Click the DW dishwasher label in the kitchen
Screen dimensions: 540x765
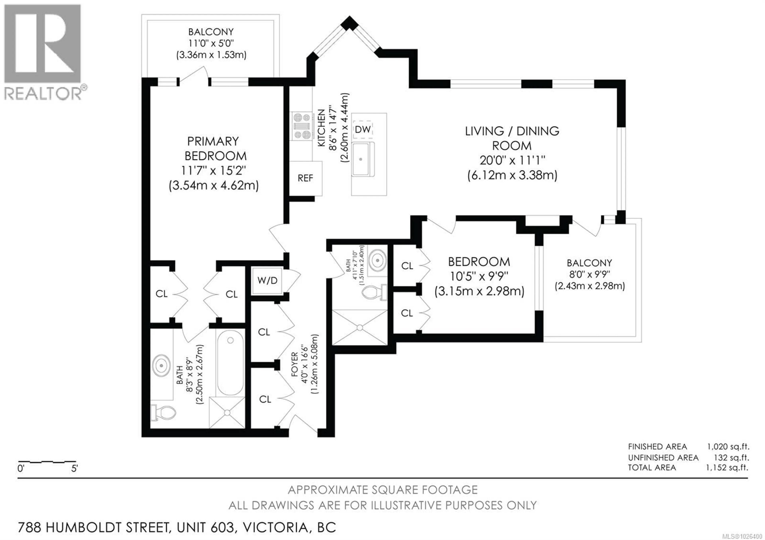click(x=363, y=129)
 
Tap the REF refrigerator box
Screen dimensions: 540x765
click(x=305, y=178)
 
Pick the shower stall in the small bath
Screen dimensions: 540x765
click(x=360, y=328)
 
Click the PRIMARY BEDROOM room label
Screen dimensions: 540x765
click(x=213, y=149)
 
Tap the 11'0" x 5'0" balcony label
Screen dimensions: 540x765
click(x=211, y=43)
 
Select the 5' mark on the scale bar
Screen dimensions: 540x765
click(x=74, y=469)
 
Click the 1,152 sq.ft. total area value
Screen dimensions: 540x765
click(x=727, y=468)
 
